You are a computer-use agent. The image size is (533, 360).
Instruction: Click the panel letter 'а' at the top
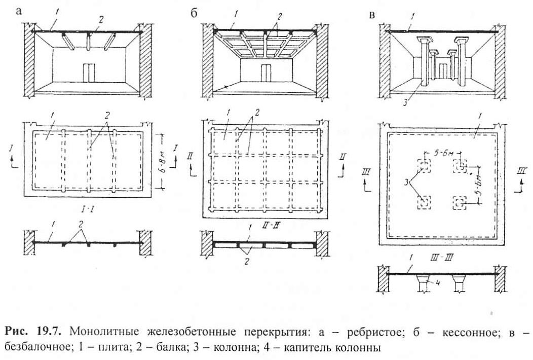[18, 11]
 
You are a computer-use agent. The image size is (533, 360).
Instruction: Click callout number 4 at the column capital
[438, 282]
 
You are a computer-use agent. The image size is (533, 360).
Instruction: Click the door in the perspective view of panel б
[266, 73]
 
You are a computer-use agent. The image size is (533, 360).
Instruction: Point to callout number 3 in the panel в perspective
[405, 102]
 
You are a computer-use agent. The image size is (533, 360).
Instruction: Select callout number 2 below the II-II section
[247, 262]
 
